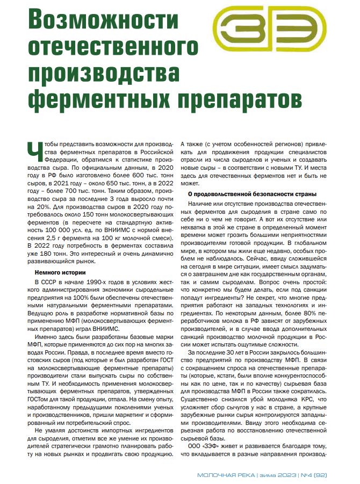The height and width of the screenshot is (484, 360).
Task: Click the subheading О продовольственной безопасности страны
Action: pos(251,193)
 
